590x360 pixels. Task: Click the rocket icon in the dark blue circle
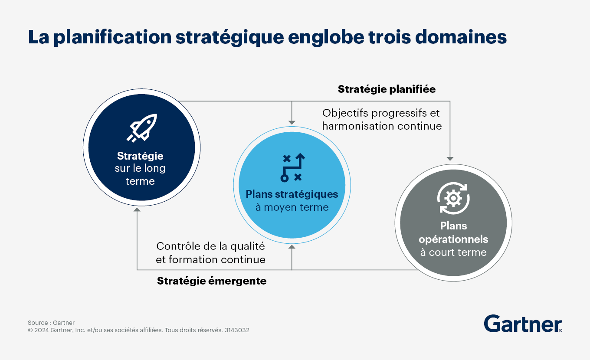click(x=142, y=128)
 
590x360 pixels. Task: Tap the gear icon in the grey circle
click(x=453, y=198)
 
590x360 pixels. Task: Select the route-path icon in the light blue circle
click(x=292, y=167)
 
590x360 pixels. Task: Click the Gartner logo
click(x=523, y=324)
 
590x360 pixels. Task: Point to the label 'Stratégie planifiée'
click(x=387, y=89)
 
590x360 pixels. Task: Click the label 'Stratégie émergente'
click(x=212, y=281)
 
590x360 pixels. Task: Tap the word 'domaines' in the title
click(x=461, y=37)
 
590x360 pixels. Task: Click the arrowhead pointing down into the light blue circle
click(x=292, y=123)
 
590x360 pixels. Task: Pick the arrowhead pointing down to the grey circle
click(x=450, y=159)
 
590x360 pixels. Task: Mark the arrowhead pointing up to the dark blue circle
click(x=137, y=209)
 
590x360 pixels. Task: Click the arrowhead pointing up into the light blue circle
click(x=292, y=247)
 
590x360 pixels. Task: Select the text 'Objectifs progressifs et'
click(x=381, y=113)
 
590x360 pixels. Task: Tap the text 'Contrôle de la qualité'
click(x=210, y=246)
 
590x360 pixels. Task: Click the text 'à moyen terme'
click(x=292, y=207)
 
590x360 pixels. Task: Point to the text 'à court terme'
click(x=453, y=252)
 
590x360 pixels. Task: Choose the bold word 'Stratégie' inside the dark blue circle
click(x=140, y=156)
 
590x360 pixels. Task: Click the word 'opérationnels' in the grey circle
click(x=453, y=239)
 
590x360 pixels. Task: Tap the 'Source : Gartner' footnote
click(x=51, y=323)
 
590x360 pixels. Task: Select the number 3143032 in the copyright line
click(x=237, y=330)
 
